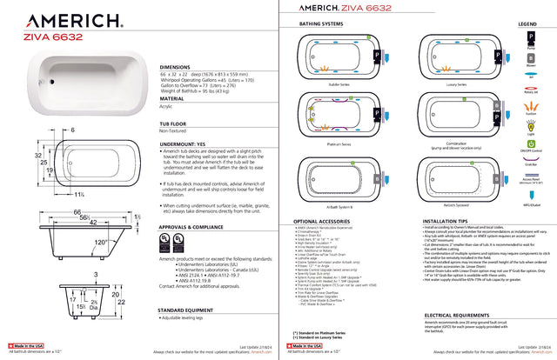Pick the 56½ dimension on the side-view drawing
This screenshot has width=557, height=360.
[x=78, y=219]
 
